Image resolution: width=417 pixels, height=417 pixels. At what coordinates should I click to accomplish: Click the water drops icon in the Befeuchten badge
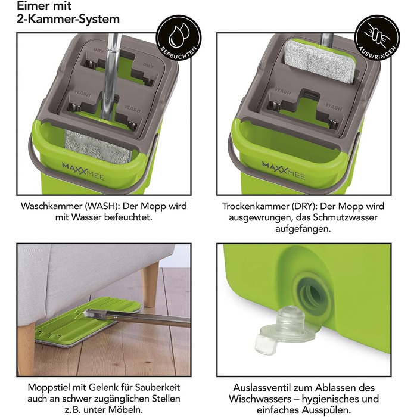click(179, 35)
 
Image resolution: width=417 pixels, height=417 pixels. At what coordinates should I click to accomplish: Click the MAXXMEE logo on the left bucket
click(83, 172)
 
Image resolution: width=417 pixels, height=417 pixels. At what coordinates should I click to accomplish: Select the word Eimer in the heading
click(31, 6)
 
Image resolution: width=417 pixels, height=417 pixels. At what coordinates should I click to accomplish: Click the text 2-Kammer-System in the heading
click(68, 19)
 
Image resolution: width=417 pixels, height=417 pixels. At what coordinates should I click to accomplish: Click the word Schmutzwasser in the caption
click(345, 217)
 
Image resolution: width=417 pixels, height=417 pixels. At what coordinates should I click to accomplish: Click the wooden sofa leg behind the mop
click(150, 284)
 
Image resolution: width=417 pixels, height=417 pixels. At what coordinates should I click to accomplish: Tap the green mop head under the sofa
click(88, 322)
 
